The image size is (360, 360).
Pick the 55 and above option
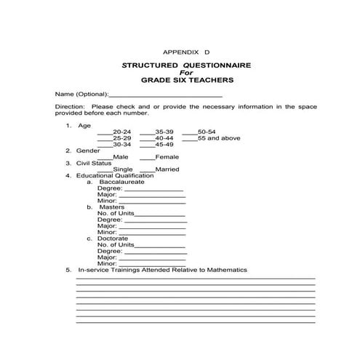[x=189, y=138]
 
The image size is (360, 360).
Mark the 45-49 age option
[x=146, y=145]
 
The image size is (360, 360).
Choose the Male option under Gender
[x=104, y=157]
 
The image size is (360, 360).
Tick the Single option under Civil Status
[x=104, y=169]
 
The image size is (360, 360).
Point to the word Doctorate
[x=113, y=238]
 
